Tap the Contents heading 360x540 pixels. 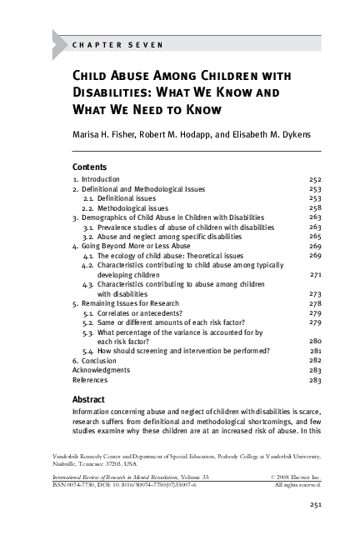coord(90,166)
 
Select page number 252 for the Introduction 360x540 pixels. coord(314,179)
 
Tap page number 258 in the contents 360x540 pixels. coord(314,208)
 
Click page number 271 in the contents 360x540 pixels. coord(315,274)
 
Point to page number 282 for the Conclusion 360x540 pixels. coord(314,360)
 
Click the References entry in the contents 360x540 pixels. coord(92,379)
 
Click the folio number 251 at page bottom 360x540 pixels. coord(315,504)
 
